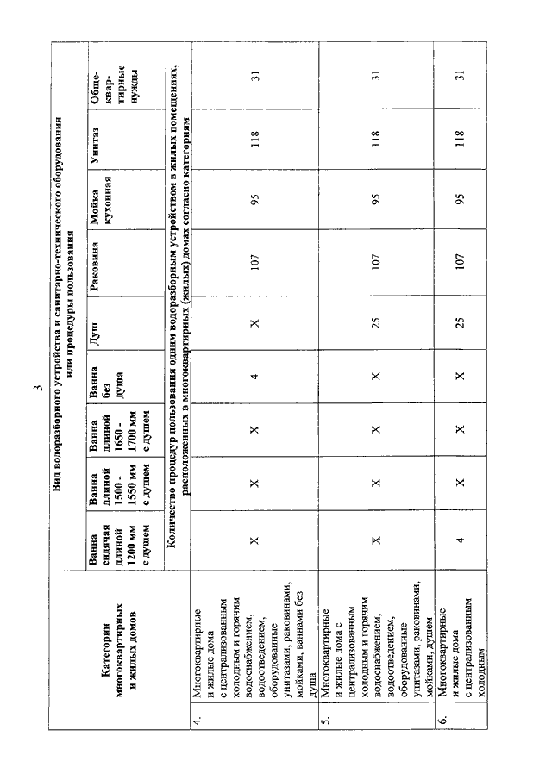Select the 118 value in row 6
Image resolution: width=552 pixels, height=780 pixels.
461,138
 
